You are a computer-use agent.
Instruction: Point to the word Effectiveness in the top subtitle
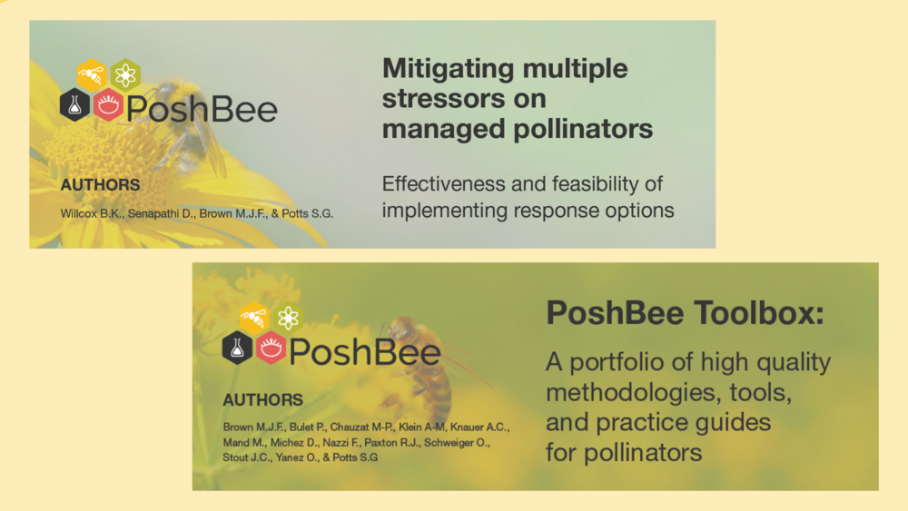443,184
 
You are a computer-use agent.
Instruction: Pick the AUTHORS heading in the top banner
100,184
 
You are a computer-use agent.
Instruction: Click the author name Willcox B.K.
92,213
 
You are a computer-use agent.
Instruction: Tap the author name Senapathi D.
162,213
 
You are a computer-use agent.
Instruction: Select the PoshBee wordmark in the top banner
202,108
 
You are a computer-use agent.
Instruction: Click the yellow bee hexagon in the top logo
92,74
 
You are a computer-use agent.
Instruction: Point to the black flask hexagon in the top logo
74,104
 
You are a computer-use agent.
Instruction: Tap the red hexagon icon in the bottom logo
271,348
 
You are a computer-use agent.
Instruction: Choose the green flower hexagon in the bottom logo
288,317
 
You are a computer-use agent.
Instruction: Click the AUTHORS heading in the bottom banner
263,399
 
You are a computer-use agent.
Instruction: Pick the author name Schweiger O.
457,443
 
